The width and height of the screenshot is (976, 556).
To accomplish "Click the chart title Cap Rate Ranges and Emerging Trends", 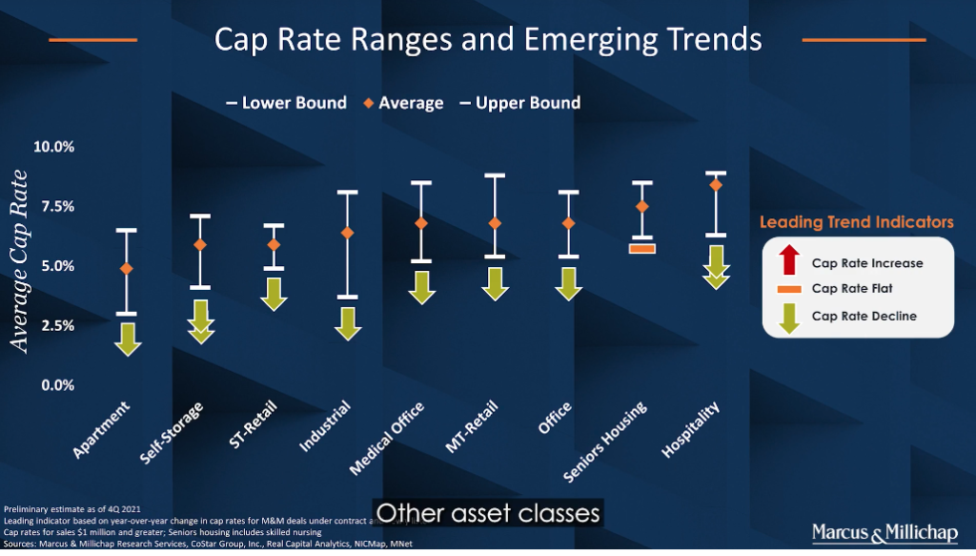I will click(487, 39).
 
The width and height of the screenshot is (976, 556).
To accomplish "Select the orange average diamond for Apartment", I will click(127, 269).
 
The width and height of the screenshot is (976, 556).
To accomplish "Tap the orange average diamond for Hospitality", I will click(716, 185).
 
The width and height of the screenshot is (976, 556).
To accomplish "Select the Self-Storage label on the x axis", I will click(174, 432).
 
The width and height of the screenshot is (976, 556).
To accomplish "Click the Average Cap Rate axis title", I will click(20, 260).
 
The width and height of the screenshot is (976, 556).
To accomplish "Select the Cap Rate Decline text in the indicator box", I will click(864, 316).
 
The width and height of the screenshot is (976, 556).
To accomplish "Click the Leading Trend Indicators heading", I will click(856, 222).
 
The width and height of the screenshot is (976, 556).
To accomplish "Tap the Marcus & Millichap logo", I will click(887, 531).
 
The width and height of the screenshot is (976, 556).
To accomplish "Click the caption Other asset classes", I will click(488, 513).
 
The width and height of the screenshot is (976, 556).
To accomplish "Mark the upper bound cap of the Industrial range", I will click(348, 192).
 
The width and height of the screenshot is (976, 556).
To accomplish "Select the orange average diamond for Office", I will click(568, 223).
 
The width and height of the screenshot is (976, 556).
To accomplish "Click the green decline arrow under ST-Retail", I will click(274, 294).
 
